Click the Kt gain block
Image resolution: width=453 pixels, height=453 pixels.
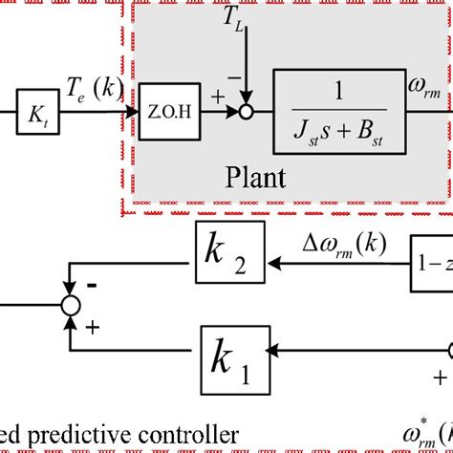pos(35,118)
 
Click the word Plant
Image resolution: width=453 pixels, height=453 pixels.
pos(255,179)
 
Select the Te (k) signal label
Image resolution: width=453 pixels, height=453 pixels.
pos(92,90)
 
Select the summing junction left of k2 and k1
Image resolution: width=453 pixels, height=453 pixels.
pos(70,306)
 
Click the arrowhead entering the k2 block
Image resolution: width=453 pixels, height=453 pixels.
pos(272,258)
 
